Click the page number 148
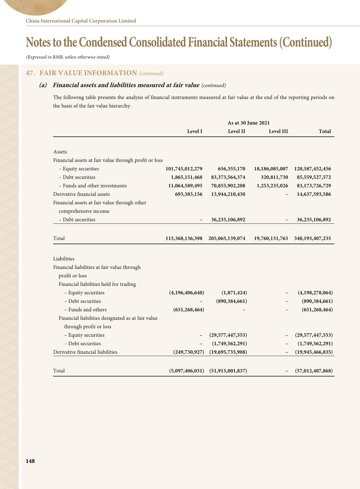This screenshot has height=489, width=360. coord(30,461)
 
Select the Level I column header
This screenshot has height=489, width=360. coord(195,131)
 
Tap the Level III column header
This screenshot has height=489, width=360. coord(278,131)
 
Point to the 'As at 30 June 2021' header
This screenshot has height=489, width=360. coord(248,123)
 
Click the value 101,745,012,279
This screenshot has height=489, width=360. coord(184,169)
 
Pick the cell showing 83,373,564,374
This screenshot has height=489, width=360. coord(228,177)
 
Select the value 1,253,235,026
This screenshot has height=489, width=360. coord(272,186)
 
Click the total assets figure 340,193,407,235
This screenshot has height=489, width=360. coord(313,239)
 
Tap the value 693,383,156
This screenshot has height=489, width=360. coord(188,194)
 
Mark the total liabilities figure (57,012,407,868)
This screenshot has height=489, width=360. coord(314,371)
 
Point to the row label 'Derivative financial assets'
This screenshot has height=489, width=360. coord(81,194)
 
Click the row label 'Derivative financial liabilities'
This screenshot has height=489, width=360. coord(85,352)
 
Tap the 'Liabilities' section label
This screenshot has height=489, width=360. coord(64,259)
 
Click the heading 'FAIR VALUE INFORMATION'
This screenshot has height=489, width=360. coord(88,73)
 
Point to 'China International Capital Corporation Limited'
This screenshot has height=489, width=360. coord(81,21)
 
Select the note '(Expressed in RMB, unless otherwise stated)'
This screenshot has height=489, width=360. coord(68,57)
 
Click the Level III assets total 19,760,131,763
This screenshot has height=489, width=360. coord(271,239)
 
